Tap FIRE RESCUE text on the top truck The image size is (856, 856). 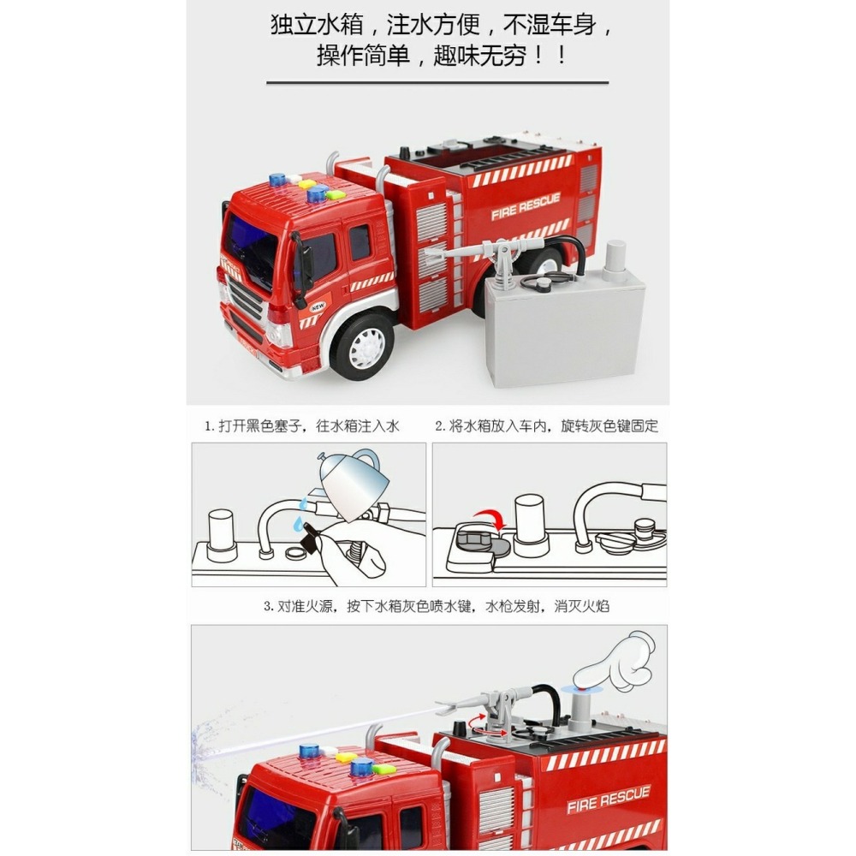click(x=526, y=206)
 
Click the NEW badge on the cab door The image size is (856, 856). click(x=318, y=306)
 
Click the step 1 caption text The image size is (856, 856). click(x=301, y=425)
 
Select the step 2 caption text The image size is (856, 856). click(x=547, y=425)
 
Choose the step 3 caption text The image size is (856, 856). click(x=436, y=606)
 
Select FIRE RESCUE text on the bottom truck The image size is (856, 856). click(x=608, y=800)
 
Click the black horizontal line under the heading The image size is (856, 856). click(x=437, y=83)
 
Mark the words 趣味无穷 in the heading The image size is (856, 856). click(x=474, y=56)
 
